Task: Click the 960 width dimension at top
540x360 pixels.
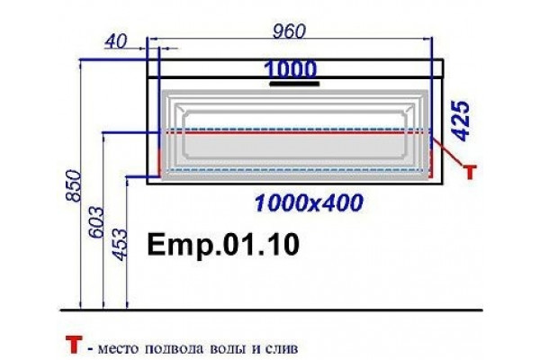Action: click(x=289, y=31)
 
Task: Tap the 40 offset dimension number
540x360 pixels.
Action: click(x=115, y=41)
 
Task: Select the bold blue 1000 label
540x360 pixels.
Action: click(x=290, y=69)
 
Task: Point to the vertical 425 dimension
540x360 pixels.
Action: click(x=462, y=121)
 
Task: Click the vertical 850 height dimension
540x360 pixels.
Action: click(x=74, y=185)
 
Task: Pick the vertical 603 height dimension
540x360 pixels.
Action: click(x=96, y=222)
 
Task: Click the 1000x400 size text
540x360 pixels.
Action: click(x=309, y=202)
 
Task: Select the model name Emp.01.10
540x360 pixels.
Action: click(x=223, y=245)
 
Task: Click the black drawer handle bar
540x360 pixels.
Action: click(x=294, y=84)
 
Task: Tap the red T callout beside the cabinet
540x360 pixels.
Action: click(x=470, y=172)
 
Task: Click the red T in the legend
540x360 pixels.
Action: click(x=74, y=345)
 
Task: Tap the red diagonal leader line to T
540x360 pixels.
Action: click(x=448, y=151)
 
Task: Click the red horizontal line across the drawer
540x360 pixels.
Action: click(x=295, y=132)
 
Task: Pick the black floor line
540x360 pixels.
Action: click(x=272, y=310)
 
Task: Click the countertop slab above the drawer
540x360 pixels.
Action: click(x=295, y=67)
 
